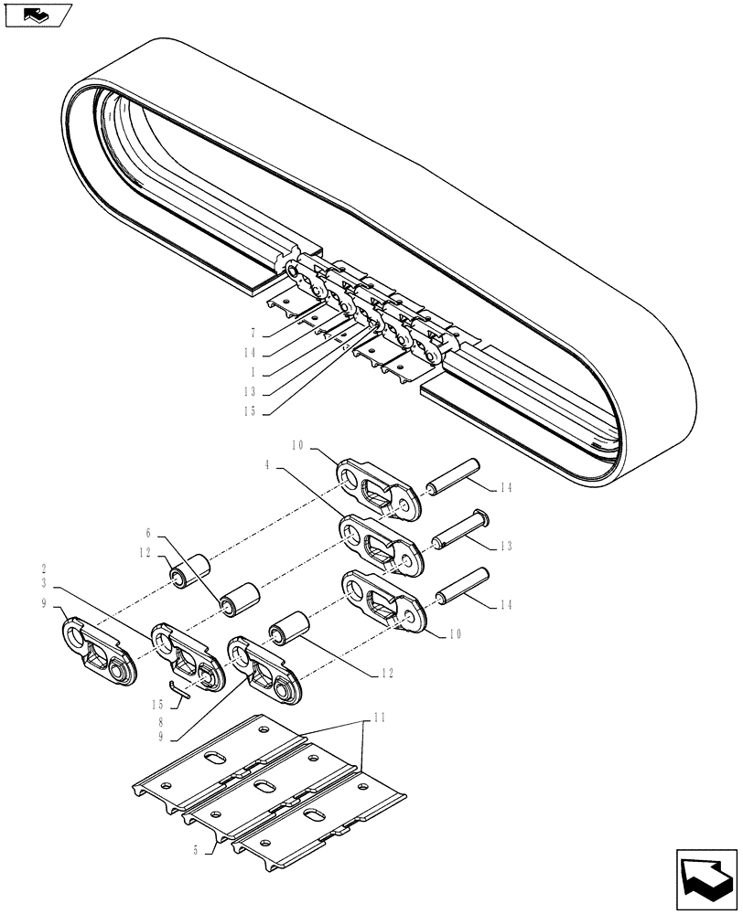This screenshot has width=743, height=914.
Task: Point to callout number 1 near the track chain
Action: [251, 373]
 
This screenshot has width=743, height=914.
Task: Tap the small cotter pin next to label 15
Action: [178, 689]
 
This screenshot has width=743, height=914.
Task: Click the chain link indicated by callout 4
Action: [380, 544]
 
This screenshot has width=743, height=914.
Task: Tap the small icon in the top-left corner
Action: [38, 15]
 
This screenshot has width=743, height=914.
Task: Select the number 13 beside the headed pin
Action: [505, 547]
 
